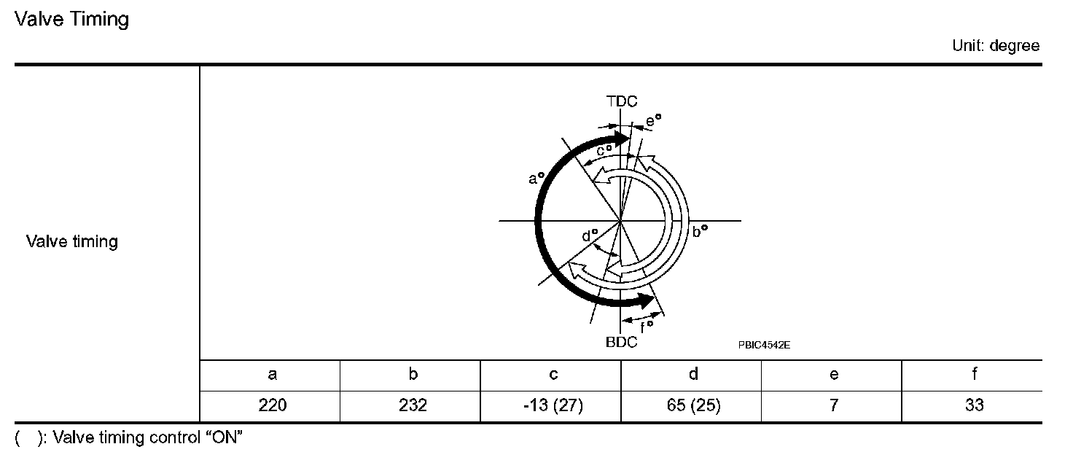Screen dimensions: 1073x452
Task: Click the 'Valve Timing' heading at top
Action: point(72,19)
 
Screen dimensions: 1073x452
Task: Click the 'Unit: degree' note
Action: point(996,46)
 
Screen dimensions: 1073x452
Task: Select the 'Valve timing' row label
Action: point(72,241)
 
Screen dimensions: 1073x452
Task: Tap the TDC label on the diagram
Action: point(622,101)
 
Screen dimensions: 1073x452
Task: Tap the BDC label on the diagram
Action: point(621,342)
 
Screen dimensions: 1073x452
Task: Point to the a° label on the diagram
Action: point(536,179)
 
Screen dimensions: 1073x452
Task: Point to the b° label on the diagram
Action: point(700,232)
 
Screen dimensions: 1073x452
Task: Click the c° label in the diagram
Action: point(604,150)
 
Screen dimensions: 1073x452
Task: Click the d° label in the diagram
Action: point(590,235)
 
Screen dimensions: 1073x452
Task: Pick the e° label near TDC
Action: point(653,121)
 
